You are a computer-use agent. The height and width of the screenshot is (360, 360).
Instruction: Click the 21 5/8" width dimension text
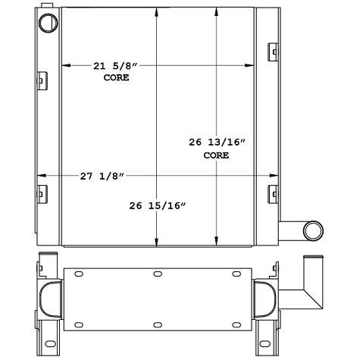click(112, 67)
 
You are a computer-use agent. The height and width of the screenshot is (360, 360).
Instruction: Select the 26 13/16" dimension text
click(216, 142)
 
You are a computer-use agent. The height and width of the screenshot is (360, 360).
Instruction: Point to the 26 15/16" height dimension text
click(157, 205)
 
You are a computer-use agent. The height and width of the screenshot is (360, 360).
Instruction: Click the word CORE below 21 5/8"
click(116, 78)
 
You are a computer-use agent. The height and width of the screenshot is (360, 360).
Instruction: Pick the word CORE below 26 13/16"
click(216, 155)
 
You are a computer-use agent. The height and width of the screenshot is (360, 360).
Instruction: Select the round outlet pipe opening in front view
click(312, 230)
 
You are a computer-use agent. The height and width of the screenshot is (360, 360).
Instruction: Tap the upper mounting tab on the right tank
click(272, 51)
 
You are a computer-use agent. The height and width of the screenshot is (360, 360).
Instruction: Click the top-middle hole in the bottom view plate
click(157, 274)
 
